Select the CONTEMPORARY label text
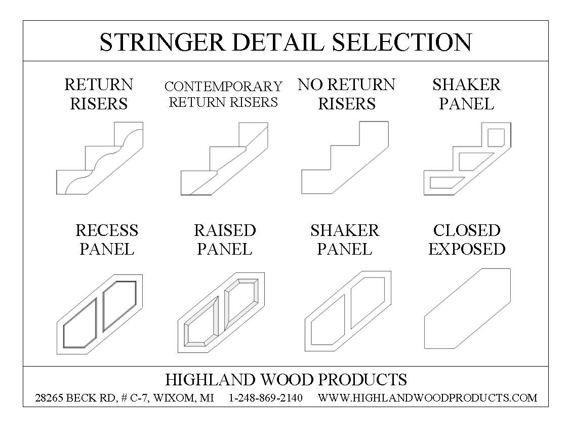click(223, 87)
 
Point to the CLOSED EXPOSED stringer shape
click(467, 308)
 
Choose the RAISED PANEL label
click(225, 240)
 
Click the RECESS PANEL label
click(107, 240)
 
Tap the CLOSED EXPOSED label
click(467, 240)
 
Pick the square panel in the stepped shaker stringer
click(496, 137)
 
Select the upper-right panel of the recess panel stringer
click(119, 304)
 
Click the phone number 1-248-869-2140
click(266, 398)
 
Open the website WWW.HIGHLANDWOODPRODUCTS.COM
click(427, 398)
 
